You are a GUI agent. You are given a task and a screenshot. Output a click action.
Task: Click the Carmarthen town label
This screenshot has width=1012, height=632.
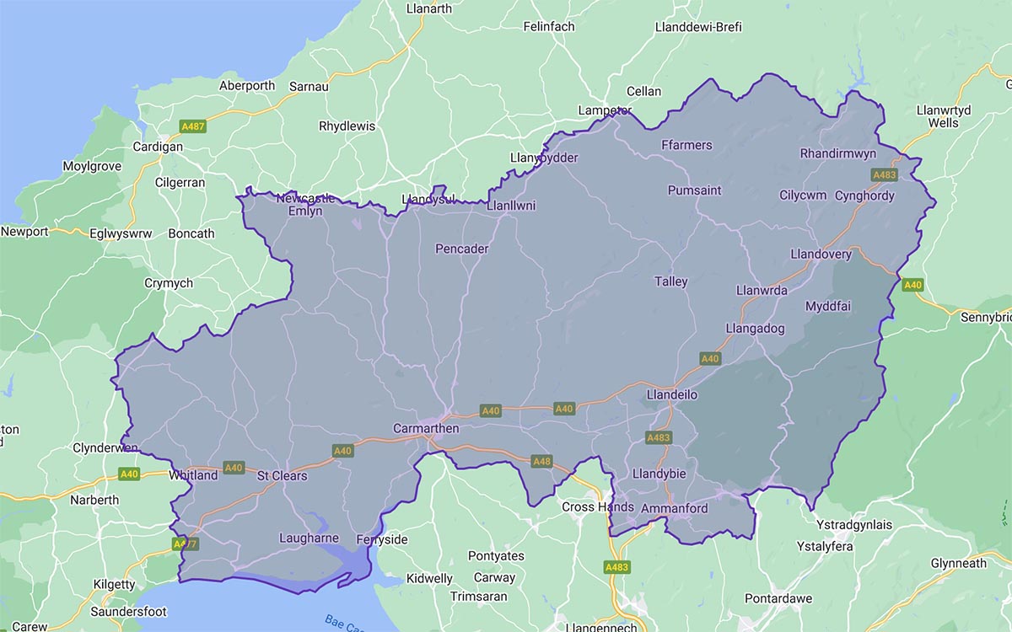point(426,429)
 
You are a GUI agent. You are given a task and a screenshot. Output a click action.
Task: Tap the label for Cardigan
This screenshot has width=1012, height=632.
point(158,147)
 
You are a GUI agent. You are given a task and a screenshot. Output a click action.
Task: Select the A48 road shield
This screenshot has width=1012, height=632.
point(541,461)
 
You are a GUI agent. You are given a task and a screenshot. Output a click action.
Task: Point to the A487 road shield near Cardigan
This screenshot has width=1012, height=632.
point(193,126)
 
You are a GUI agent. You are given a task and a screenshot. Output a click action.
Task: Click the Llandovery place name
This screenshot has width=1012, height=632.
point(821,254)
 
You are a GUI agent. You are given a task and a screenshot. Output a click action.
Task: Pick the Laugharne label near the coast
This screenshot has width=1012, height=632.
point(309,538)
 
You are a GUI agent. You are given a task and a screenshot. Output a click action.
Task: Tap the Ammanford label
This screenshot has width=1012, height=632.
point(674,509)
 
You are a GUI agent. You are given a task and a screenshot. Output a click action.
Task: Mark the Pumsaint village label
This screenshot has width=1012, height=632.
point(694,190)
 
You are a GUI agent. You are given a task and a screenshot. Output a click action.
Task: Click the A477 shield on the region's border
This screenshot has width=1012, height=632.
point(185,544)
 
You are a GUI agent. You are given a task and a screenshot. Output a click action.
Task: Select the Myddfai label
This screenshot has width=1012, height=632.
point(828,305)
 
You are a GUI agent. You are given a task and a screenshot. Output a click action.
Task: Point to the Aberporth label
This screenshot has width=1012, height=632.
point(247,86)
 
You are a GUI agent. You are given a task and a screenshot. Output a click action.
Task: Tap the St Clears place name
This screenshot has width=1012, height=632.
point(282,476)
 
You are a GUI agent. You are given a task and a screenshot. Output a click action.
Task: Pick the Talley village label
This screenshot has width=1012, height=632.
point(671,281)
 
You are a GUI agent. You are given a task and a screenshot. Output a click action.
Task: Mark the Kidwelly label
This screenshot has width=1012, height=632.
point(429,579)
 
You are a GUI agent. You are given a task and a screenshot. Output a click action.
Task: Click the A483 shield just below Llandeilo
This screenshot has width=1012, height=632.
point(658,438)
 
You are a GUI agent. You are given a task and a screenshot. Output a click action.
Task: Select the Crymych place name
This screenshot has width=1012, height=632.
point(169,283)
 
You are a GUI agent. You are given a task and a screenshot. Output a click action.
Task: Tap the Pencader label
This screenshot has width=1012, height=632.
point(461,249)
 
